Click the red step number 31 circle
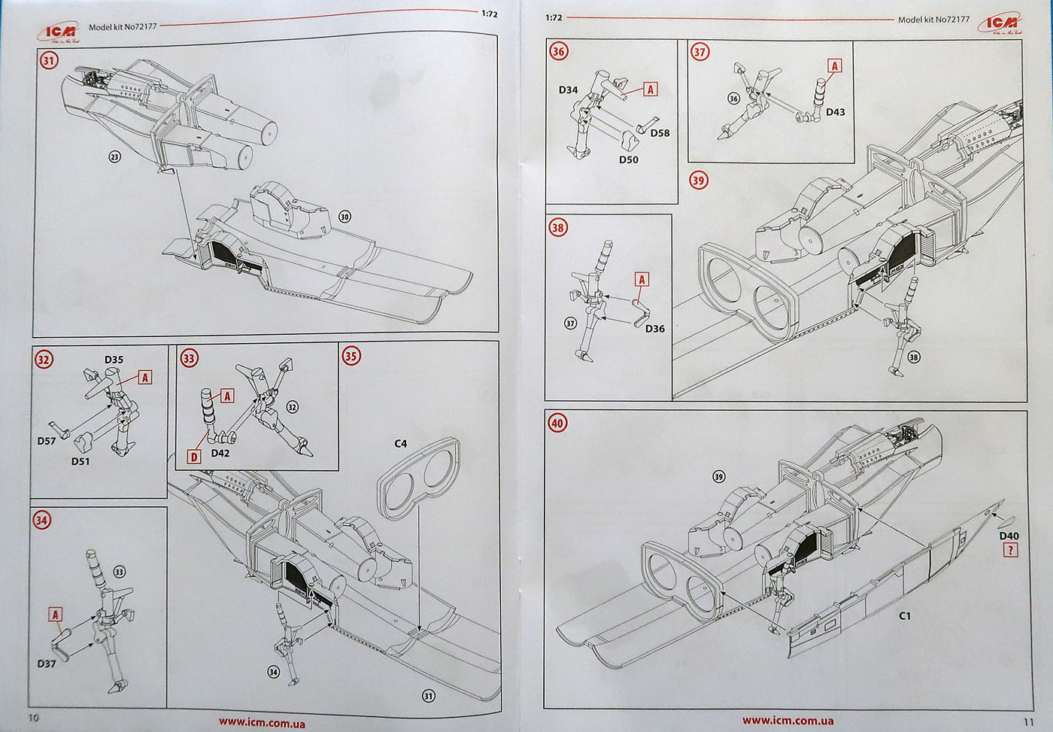point(50,60)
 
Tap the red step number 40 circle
point(557,423)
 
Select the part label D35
point(114,360)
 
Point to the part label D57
point(47,441)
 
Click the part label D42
point(220,453)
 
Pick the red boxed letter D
point(195,456)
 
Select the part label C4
point(401,444)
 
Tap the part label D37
point(47,664)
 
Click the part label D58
point(660,133)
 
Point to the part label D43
point(835,112)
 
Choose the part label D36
point(654,329)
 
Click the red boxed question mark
point(1009,551)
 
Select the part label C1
point(905,615)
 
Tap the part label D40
point(1009,536)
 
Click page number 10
point(33,717)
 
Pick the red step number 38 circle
point(558,228)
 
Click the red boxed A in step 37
point(834,65)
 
